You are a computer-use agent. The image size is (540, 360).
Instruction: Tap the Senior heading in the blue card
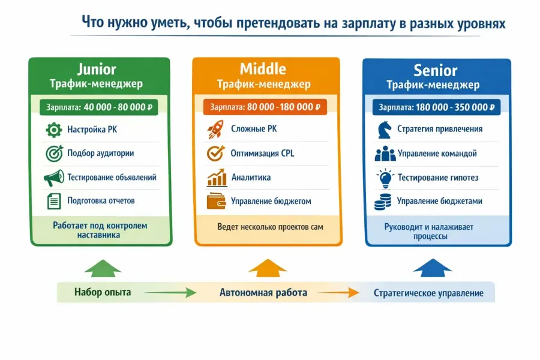click(x=436, y=70)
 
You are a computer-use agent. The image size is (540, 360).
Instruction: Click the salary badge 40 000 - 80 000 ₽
click(x=100, y=107)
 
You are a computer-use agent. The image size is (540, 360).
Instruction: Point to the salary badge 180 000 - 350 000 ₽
click(x=436, y=108)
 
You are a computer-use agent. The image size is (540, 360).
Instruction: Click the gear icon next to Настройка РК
click(x=54, y=129)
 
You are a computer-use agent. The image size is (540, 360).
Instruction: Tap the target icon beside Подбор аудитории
click(x=54, y=153)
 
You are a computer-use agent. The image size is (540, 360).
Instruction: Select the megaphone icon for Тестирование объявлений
click(x=54, y=178)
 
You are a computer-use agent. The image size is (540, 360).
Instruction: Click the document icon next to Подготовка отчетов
click(x=54, y=201)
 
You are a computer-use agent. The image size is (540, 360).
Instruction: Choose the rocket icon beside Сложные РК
click(x=215, y=129)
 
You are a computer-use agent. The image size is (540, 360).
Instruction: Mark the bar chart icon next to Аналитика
click(x=216, y=178)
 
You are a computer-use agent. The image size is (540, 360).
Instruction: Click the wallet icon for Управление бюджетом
click(x=215, y=201)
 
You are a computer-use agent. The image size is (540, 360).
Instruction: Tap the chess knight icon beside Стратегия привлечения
click(x=383, y=129)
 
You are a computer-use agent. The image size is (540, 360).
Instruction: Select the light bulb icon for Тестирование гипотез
click(x=384, y=178)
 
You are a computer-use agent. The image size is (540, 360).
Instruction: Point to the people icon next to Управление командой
click(x=385, y=154)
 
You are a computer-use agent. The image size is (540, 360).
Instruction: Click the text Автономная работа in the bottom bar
click(x=263, y=293)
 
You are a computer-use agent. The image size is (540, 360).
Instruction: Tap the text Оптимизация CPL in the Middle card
click(x=262, y=153)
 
